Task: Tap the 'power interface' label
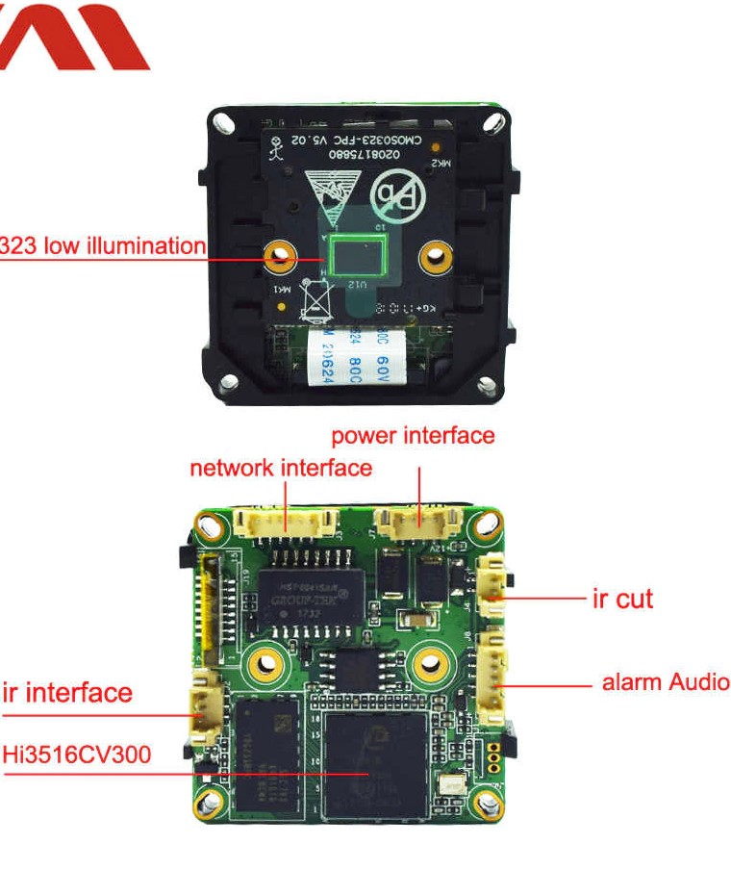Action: (413, 436)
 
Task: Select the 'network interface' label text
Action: (280, 469)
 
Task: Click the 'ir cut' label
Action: (622, 599)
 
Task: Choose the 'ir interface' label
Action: (67, 692)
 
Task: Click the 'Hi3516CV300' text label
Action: (76, 754)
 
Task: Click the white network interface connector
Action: (286, 524)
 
